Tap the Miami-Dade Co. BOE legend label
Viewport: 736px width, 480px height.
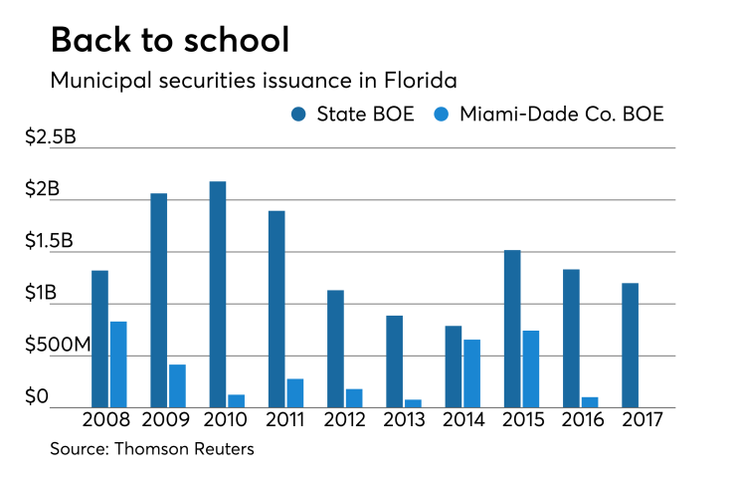coord(561,114)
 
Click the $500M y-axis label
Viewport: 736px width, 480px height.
coord(63,345)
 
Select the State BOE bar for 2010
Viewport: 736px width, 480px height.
coord(217,294)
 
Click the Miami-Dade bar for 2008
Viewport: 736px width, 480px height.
coord(118,364)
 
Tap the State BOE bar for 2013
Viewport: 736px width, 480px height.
coord(394,361)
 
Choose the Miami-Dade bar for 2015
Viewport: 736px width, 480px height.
coord(531,368)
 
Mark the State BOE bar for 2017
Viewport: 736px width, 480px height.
coord(630,346)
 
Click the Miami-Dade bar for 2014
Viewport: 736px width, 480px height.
coord(471,373)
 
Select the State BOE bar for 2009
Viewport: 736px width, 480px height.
coord(158,300)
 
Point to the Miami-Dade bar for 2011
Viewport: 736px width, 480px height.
coord(295,392)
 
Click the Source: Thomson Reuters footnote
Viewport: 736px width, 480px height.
coord(152,449)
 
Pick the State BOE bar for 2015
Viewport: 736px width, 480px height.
coord(511,329)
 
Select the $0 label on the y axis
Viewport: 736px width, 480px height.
coord(37,397)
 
